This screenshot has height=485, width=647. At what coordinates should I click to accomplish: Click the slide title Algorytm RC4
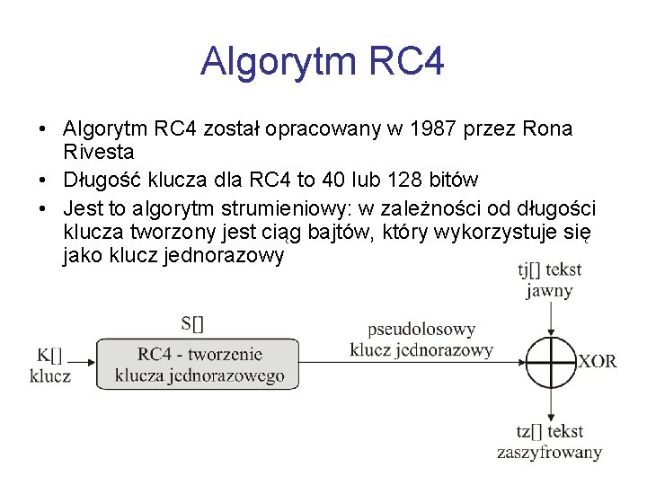(323, 62)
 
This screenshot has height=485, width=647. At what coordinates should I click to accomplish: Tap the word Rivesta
(99, 153)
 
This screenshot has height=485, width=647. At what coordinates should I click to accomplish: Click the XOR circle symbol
(550, 361)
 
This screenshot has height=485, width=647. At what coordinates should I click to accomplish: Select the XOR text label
(597, 361)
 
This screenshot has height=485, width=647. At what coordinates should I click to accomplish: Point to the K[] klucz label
(50, 364)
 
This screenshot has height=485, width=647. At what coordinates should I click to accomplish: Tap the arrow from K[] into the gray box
(81, 363)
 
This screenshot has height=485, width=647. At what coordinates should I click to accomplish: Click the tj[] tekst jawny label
(549, 279)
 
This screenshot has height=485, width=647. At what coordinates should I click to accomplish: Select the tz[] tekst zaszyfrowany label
(549, 442)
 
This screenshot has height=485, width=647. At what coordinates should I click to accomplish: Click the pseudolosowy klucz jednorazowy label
(421, 339)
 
